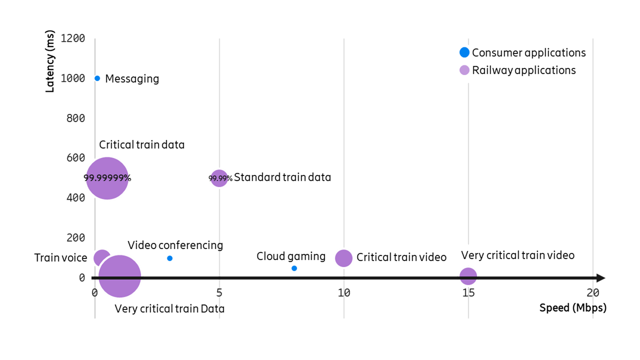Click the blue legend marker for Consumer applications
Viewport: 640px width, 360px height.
click(x=464, y=52)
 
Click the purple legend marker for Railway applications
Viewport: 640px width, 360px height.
click(x=464, y=70)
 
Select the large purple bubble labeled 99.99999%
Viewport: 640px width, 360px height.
click(x=107, y=178)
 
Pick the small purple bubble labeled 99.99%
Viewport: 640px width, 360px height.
click(x=219, y=178)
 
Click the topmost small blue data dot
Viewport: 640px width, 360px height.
click(x=97, y=78)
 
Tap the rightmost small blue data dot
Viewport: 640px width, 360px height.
click(x=294, y=268)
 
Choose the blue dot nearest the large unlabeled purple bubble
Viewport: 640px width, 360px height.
click(x=170, y=258)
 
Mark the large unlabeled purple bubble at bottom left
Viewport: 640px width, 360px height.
click(x=120, y=276)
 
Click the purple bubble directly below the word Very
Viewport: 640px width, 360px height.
click(x=468, y=276)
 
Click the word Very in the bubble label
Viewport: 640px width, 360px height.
click(x=472, y=255)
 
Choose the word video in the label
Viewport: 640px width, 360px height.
click(x=561, y=255)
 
